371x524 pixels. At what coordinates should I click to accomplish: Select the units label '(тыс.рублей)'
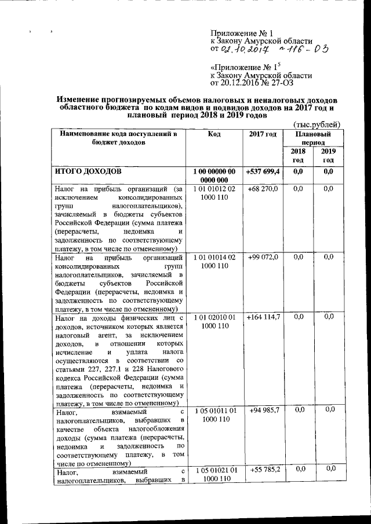tap(316, 124)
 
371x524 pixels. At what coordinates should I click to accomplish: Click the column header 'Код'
tap(213, 134)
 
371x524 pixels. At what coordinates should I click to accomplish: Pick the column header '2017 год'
tap(263, 134)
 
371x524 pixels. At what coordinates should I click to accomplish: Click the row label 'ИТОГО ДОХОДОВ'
tap(88, 172)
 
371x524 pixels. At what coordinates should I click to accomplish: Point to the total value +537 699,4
tap(263, 172)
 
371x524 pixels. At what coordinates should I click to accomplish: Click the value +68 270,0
tap(263, 189)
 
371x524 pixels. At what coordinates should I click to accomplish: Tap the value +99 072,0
tap(263, 257)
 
